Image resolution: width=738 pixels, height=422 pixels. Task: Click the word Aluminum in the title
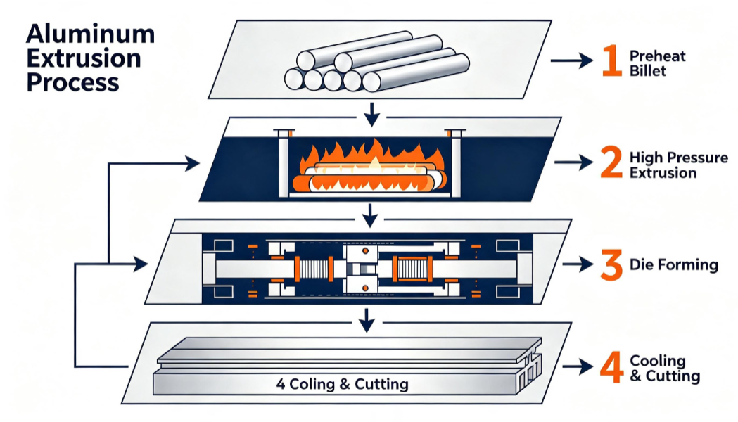coord(90,34)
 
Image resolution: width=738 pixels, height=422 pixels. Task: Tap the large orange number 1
coord(612,60)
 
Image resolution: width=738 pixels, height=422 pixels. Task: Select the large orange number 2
coord(611,162)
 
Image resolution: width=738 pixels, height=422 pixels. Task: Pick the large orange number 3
coord(611,265)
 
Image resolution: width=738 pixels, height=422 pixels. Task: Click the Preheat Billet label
coord(658,63)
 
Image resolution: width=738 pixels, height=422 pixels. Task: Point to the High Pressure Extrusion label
coord(679,165)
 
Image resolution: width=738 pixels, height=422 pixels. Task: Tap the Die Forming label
coord(674,265)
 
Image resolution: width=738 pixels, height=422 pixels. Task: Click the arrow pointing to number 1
coord(571,60)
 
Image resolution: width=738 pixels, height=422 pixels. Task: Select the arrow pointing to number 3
coord(578,265)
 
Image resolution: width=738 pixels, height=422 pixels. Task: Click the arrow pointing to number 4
coord(578,367)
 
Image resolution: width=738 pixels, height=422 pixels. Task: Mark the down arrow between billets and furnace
coord(372,115)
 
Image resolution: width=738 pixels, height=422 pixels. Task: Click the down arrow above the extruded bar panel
coord(367,321)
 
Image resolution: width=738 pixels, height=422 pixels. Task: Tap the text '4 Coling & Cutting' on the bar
coord(342,384)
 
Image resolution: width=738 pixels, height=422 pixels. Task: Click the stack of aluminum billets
coord(376,62)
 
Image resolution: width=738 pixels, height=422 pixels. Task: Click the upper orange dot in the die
coord(365,252)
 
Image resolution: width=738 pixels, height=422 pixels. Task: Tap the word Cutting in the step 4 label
coord(673,376)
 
